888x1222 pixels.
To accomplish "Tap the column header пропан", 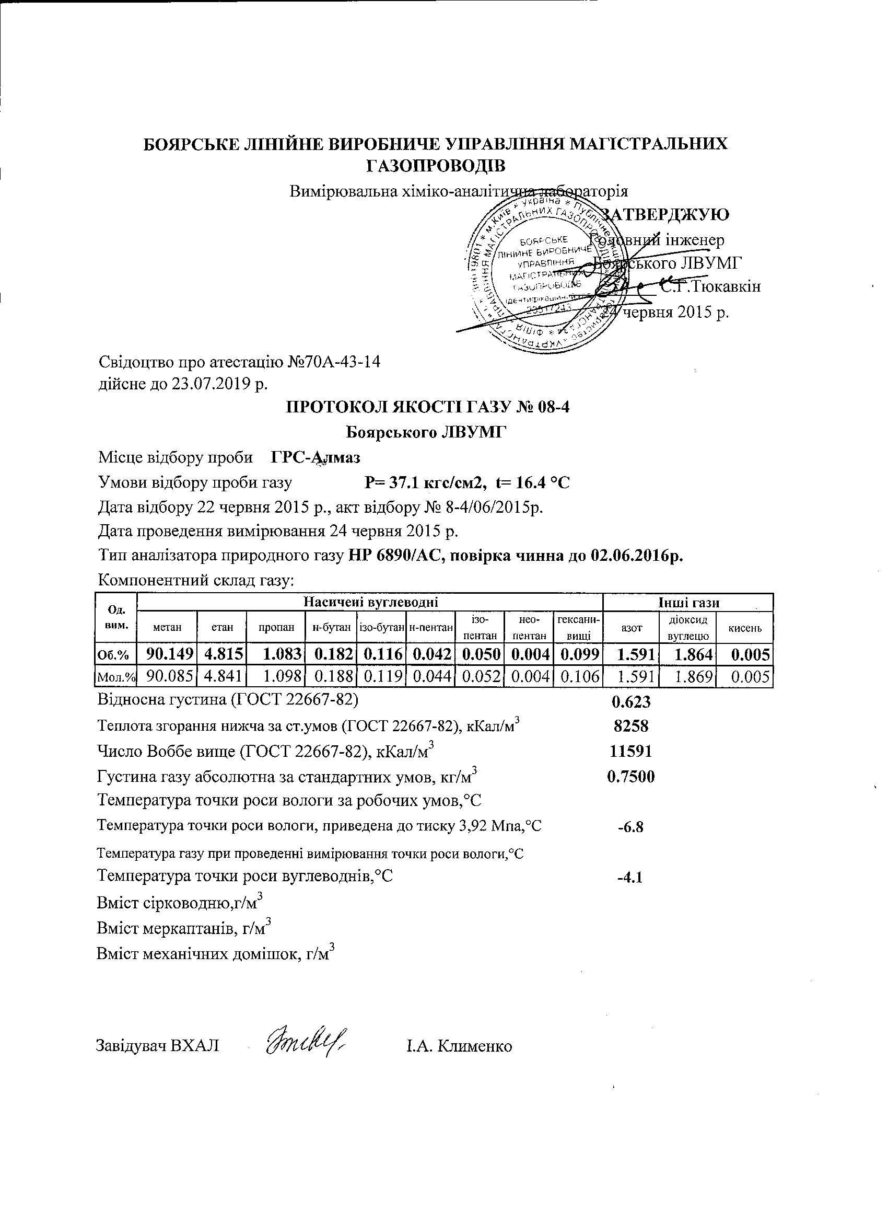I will pyautogui.click(x=276, y=627).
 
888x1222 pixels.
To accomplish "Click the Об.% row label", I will pyautogui.click(x=115, y=656).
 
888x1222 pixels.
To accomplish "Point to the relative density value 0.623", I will pyautogui.click(x=631, y=701).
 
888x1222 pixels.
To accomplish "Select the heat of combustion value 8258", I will pyautogui.click(x=631, y=726).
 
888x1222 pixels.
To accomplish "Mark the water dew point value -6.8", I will pyautogui.click(x=630, y=826).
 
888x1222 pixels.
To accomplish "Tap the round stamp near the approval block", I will pyautogui.click(x=539, y=278).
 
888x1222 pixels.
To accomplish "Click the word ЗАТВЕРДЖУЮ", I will pyautogui.click(x=665, y=214).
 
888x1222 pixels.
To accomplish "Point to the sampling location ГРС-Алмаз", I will pyautogui.click(x=316, y=457).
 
